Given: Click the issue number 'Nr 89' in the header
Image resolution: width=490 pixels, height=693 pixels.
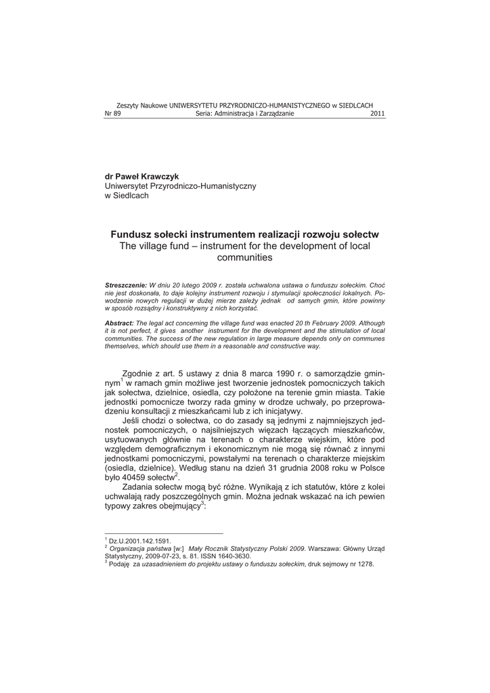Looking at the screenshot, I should point(112,114).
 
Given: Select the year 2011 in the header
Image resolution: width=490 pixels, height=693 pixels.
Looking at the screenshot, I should point(378,114).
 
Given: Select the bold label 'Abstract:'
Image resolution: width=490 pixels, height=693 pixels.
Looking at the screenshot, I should point(119,324).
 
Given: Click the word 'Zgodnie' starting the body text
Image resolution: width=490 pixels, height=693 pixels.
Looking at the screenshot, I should point(139,374).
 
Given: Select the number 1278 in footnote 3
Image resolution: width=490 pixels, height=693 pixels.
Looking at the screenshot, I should point(366,564).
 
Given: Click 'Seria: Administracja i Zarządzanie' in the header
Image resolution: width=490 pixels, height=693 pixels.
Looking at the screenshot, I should point(245,114).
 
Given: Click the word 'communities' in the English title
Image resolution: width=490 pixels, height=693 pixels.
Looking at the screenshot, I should point(244,257).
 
